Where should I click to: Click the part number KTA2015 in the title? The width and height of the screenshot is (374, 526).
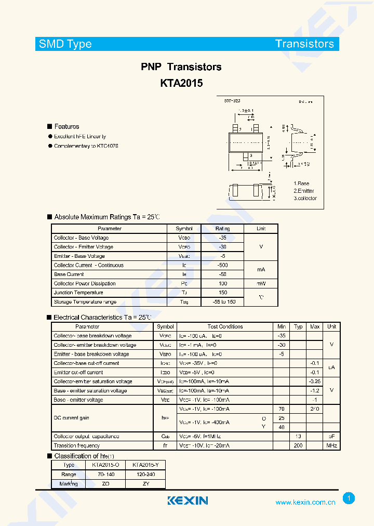click(181, 83)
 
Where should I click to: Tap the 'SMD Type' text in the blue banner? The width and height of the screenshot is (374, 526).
click(65, 44)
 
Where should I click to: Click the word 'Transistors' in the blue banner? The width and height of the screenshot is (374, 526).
click(304, 44)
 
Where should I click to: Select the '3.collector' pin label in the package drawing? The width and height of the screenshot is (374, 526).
click(305, 198)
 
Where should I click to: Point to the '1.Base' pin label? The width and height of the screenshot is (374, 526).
click(301, 183)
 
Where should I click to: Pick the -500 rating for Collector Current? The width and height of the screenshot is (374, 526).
click(222, 265)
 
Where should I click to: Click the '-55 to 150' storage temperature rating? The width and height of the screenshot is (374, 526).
click(222, 302)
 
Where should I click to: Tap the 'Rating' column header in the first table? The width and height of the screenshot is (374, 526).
click(222, 229)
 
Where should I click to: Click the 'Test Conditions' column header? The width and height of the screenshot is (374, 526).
click(225, 326)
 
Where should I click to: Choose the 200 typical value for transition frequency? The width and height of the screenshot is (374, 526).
click(298, 445)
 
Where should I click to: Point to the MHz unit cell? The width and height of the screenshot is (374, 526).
click(331, 445)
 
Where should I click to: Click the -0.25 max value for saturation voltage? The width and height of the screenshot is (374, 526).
click(314, 382)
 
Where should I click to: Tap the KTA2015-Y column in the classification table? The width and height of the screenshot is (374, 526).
click(145, 465)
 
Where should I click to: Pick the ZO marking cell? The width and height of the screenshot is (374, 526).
click(105, 483)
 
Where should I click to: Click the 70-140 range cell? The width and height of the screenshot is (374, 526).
click(105, 475)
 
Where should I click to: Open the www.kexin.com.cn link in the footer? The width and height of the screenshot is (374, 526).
click(305, 502)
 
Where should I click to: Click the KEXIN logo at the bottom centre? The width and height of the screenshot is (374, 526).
click(188, 501)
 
